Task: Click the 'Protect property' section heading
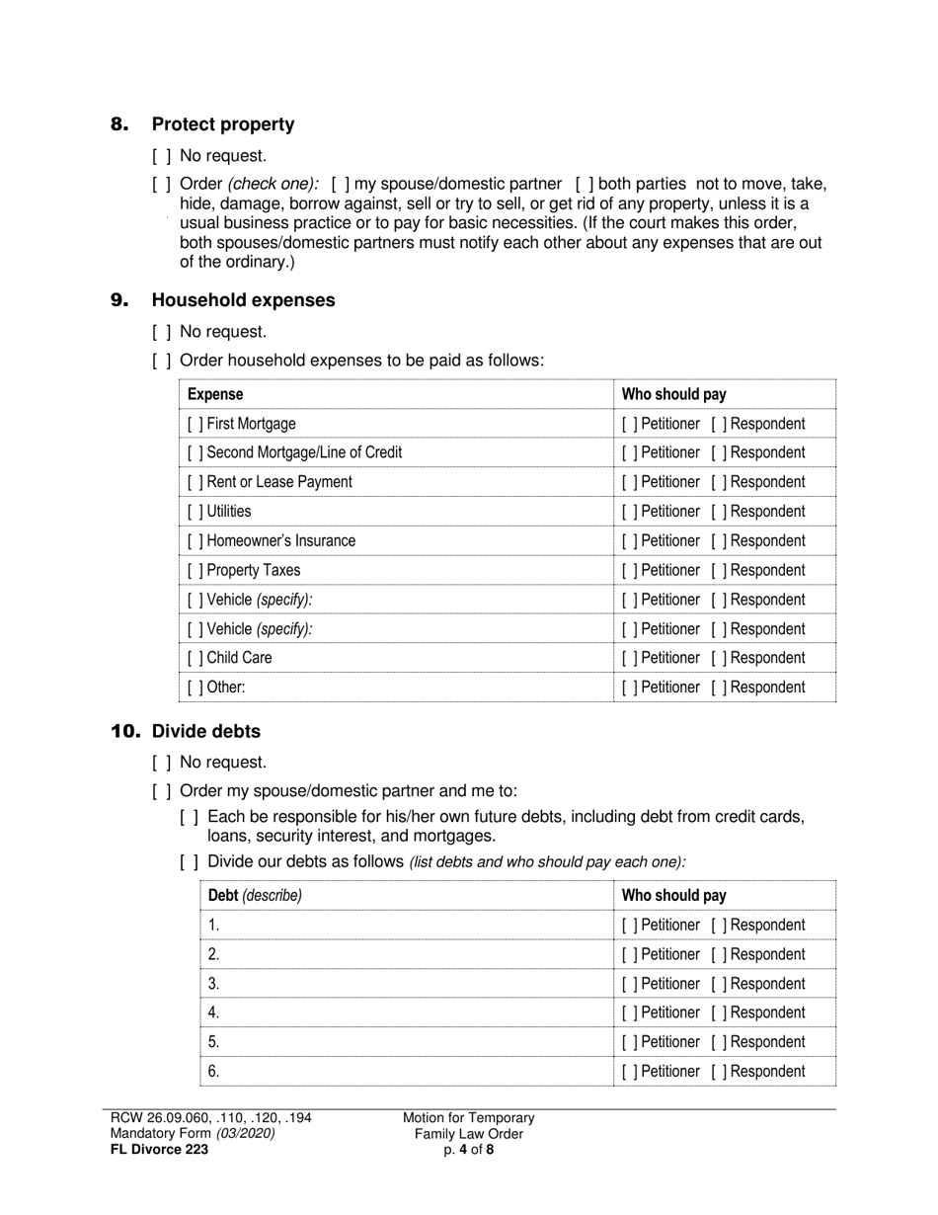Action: click(x=222, y=124)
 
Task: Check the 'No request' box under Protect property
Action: click(x=161, y=156)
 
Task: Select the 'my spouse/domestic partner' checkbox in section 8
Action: click(x=340, y=184)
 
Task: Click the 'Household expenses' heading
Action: click(x=243, y=300)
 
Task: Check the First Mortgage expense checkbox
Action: click(x=195, y=424)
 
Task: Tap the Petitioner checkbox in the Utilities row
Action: click(x=630, y=512)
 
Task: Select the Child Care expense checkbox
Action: click(x=195, y=658)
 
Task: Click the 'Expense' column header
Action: click(x=215, y=394)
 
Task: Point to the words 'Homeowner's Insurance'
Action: click(x=281, y=541)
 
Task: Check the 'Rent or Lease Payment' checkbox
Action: click(x=195, y=482)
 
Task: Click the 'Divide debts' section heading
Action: click(x=206, y=732)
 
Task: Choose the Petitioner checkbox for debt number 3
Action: click(x=630, y=984)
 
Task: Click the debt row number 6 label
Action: click(x=213, y=1072)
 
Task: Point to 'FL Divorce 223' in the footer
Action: click(x=159, y=1149)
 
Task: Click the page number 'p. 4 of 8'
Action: click(x=469, y=1149)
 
